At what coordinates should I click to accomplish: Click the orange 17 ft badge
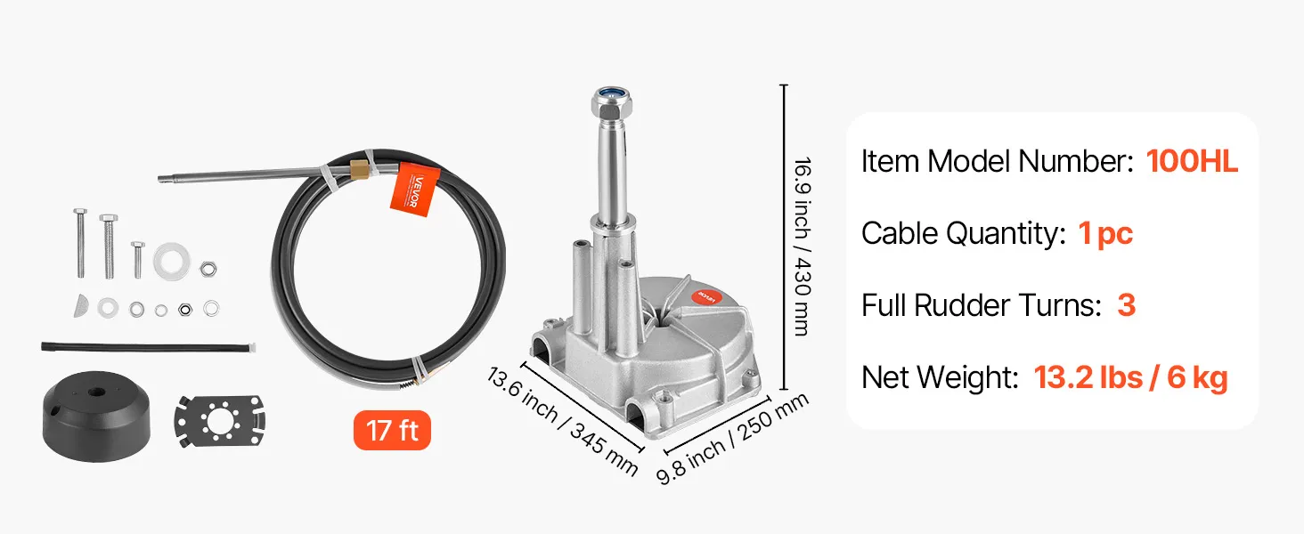point(392,431)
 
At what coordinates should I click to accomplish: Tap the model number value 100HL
point(1192,161)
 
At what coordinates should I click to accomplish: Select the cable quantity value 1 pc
point(1105,234)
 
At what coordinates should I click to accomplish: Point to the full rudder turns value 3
point(1127,305)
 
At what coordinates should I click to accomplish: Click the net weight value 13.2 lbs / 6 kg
point(1130,377)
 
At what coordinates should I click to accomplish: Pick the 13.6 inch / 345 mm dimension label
point(562,421)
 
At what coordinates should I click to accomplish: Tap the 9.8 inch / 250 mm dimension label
point(732,439)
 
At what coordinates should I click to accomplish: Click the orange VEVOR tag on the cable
point(415,190)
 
